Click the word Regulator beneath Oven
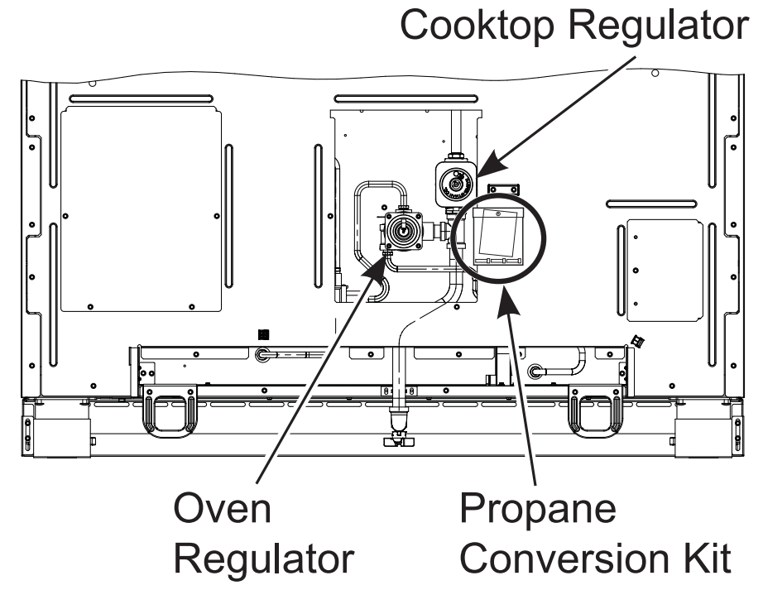tap(264, 560)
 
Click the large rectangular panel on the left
tap(142, 208)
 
